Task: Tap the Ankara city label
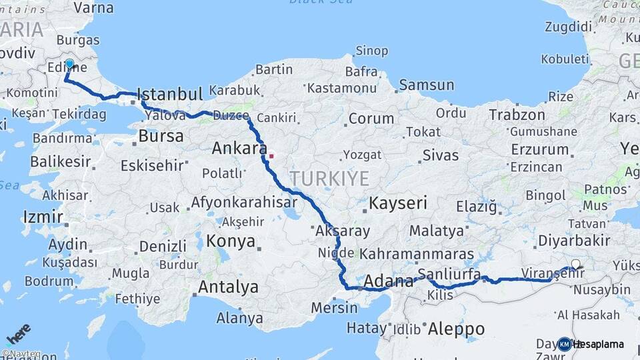pos(239,148)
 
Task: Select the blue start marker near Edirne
pos(69,64)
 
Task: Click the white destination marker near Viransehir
pos(575,265)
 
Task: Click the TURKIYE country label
pos(329,178)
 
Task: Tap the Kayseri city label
pos(398,203)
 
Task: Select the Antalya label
pos(229,287)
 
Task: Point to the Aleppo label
pos(456,329)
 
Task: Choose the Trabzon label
pos(517,115)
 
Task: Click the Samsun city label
pos(426,85)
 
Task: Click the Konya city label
pos(231,241)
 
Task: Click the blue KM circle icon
pos(565,344)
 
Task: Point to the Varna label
pos(93,8)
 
